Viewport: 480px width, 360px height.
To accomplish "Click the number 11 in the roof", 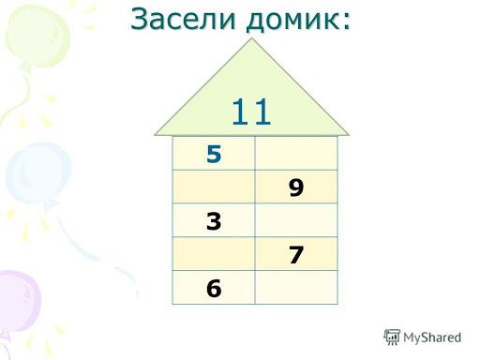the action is [251, 112].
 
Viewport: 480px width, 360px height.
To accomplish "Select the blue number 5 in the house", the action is [214, 154].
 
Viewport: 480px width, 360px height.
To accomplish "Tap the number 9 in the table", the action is [296, 187].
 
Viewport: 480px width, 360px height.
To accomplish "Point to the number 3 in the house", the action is [214, 221].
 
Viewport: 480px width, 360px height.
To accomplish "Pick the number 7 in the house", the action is [296, 254].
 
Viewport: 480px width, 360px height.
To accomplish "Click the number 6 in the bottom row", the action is [214, 288].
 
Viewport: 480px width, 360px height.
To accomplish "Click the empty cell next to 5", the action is [296, 153].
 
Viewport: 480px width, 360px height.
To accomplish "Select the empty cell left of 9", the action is [214, 187].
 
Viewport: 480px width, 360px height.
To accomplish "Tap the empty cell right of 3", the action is [296, 220].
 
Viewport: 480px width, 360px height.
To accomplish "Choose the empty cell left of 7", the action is [214, 253].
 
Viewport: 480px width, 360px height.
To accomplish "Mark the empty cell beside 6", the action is [296, 287].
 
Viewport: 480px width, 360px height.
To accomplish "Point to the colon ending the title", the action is [346, 22].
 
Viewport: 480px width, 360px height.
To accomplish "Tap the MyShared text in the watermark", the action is [432, 337].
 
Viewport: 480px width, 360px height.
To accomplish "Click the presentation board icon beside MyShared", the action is [392, 337].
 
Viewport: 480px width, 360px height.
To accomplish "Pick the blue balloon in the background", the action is [38, 173].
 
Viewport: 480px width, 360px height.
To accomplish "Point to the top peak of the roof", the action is [252, 38].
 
